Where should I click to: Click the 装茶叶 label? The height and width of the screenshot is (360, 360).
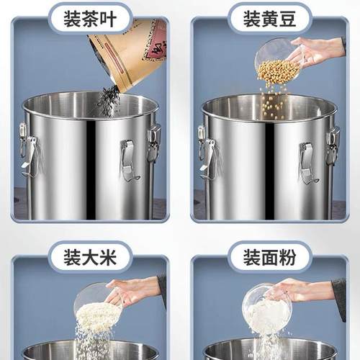coord(90,17)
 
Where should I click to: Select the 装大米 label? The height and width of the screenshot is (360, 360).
coord(90,256)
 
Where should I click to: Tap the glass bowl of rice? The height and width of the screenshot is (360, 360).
coord(97,306)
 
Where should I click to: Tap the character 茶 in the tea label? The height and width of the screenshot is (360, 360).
coord(90,17)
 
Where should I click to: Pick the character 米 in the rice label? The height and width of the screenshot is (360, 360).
coord(109,256)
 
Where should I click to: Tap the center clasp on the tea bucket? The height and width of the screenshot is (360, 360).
coord(128,160)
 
